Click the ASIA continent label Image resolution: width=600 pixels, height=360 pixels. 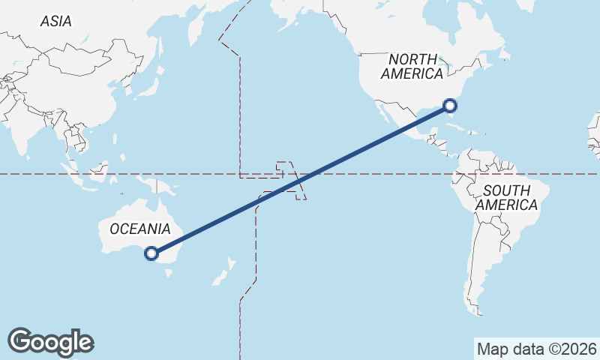[x=56, y=21]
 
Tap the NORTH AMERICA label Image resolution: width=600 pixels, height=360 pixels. [x=412, y=66]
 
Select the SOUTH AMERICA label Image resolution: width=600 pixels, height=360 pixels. [x=506, y=197]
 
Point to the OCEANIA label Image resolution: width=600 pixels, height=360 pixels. [x=140, y=229]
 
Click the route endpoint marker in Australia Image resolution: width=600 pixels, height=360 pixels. [x=151, y=253]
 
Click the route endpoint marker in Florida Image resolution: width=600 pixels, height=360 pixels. [x=450, y=106]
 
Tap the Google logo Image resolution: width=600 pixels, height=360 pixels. [x=50, y=341]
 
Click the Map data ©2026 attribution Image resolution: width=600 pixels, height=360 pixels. [x=536, y=349]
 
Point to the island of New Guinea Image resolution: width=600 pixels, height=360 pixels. [x=157, y=184]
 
